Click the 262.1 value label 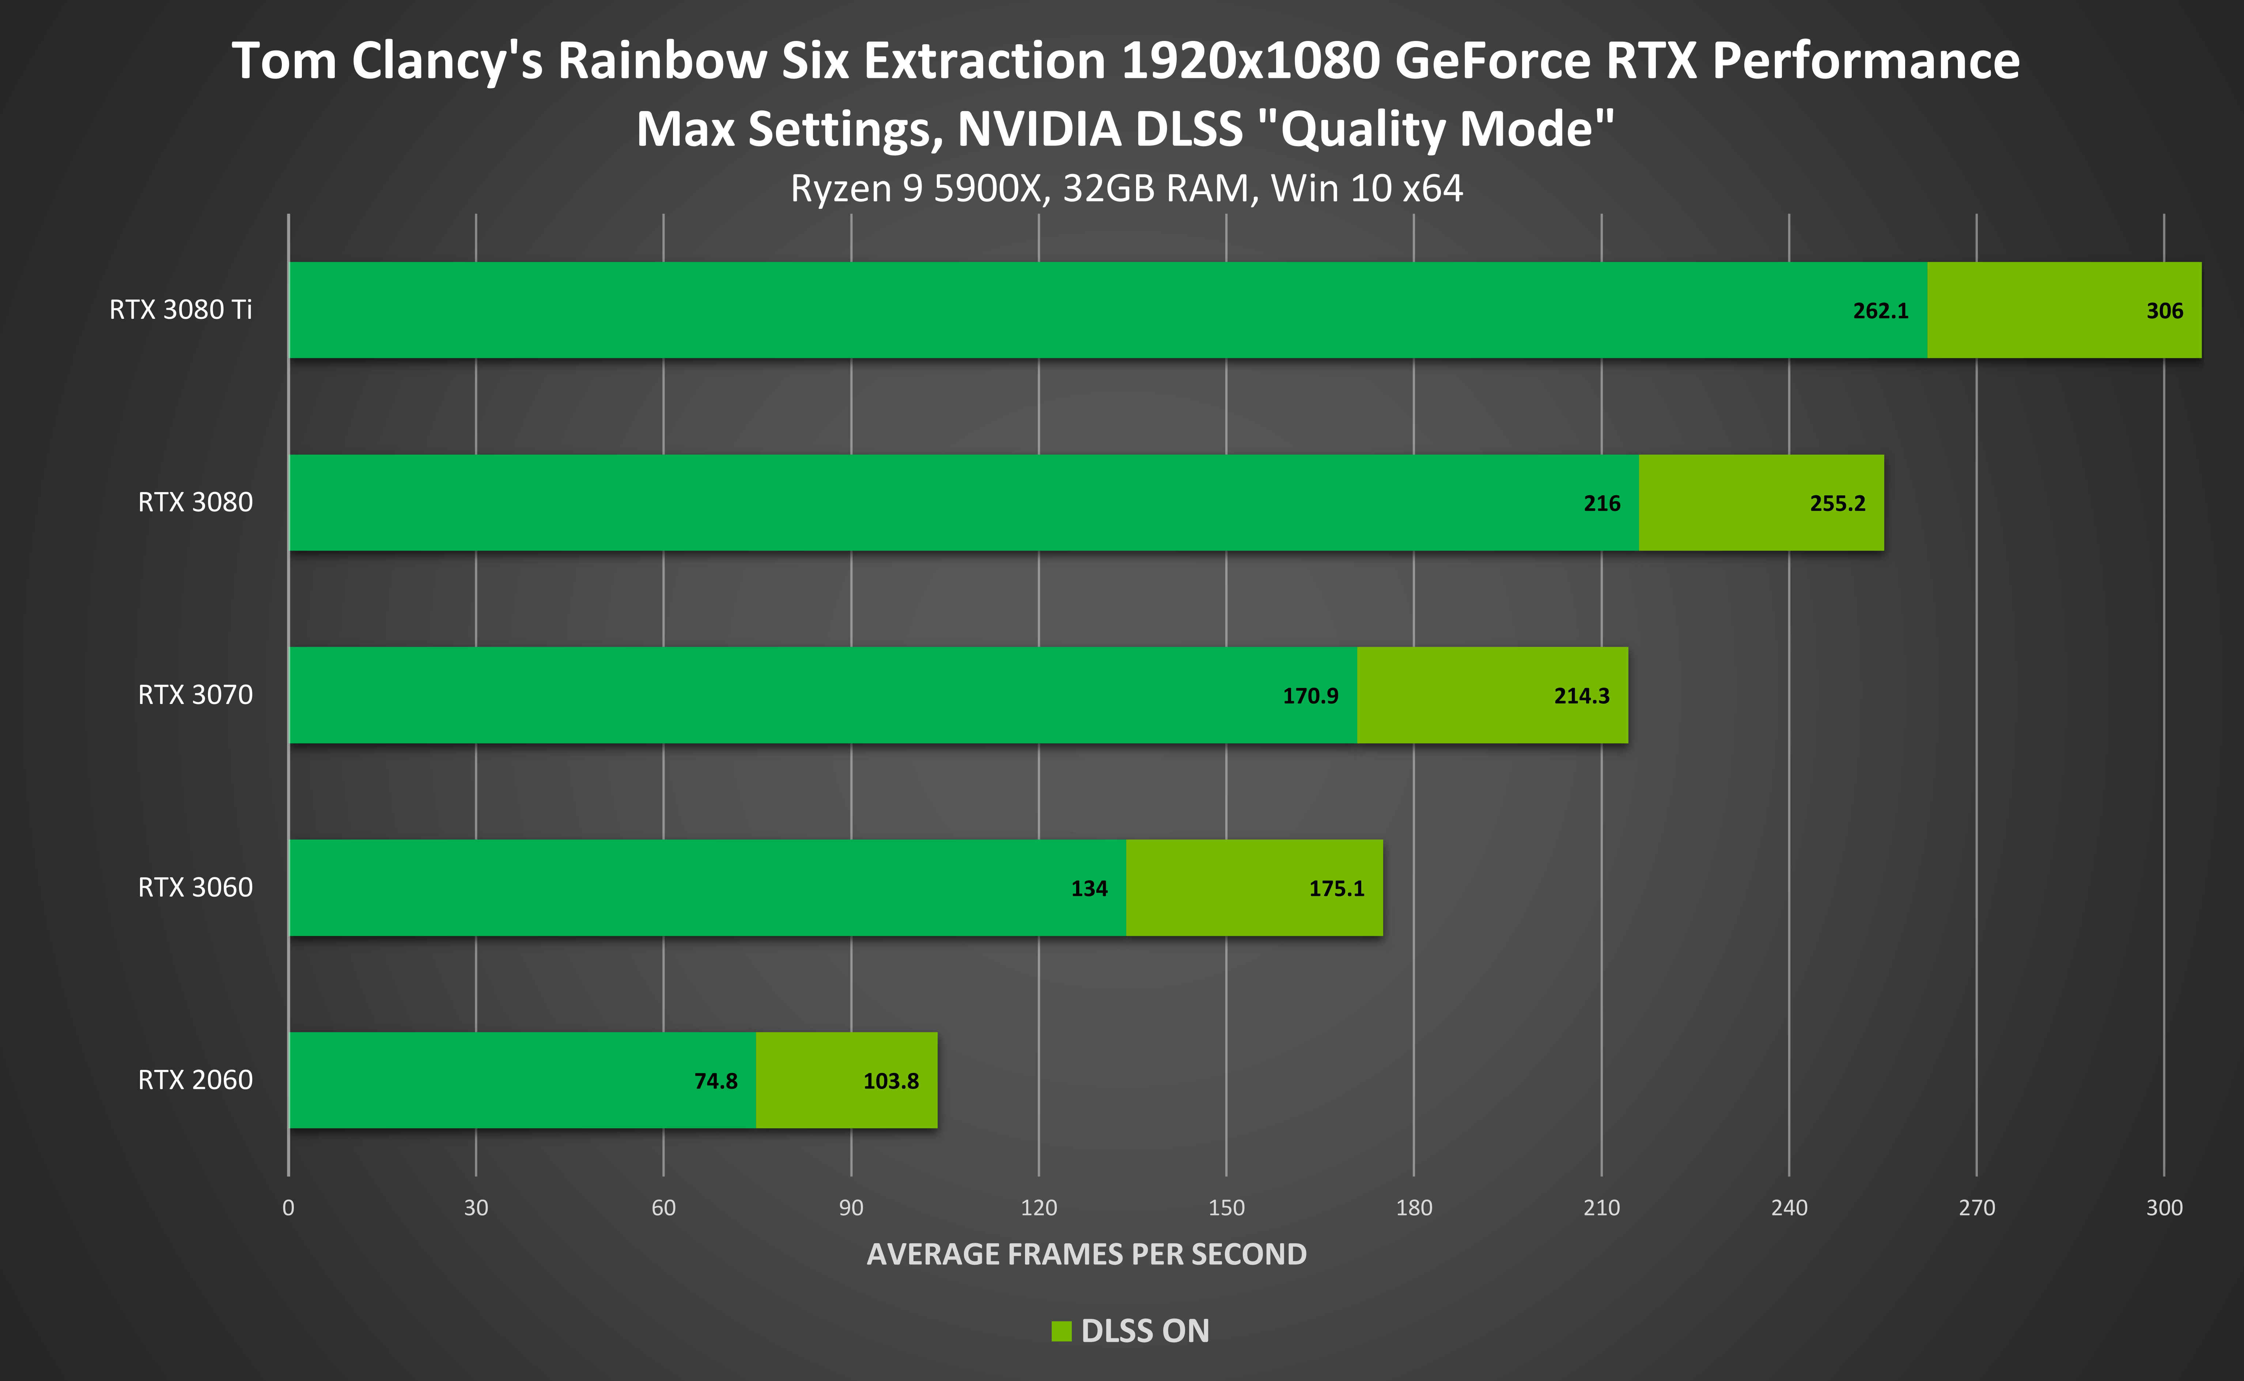pyautogui.click(x=1881, y=311)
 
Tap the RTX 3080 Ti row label pyautogui.click(x=181, y=310)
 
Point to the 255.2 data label pyautogui.click(x=1838, y=503)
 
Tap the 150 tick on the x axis pyautogui.click(x=1226, y=1207)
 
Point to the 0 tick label pyautogui.click(x=289, y=1207)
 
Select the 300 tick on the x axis pyautogui.click(x=2164, y=1207)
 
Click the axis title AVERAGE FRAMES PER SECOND pyautogui.click(x=1086, y=1254)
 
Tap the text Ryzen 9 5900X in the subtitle pyautogui.click(x=915, y=188)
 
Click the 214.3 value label pyautogui.click(x=1582, y=696)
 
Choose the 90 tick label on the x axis pyautogui.click(x=850, y=1207)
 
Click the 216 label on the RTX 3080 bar pyautogui.click(x=1602, y=503)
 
